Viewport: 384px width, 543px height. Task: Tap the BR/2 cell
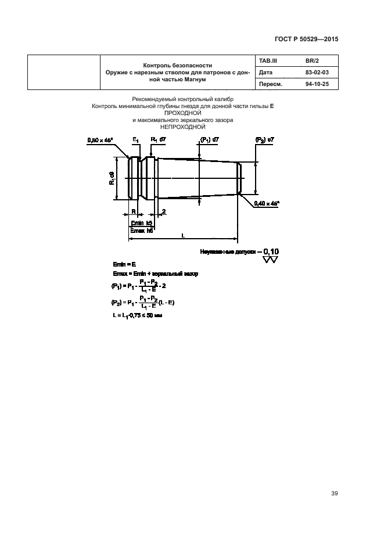tap(313, 60)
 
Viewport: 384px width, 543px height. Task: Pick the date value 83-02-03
tap(317, 72)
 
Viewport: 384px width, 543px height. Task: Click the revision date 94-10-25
tap(317, 84)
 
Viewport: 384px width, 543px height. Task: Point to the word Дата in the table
tap(265, 72)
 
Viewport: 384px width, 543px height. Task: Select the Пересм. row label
tap(270, 84)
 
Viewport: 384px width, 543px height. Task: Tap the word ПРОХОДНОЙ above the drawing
tap(182, 113)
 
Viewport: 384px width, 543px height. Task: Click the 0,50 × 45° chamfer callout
tap(99, 140)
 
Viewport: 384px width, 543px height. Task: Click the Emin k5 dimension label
tap(141, 222)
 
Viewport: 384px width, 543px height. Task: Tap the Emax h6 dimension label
tap(141, 231)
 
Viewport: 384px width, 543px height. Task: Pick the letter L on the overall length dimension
tap(182, 235)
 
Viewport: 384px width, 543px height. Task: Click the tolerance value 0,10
tap(271, 251)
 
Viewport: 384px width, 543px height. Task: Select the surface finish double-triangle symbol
tap(270, 260)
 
